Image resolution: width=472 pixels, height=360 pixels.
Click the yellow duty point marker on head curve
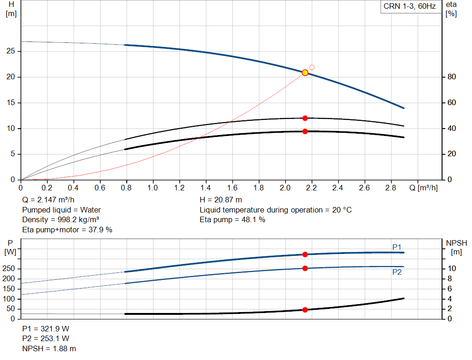(305, 73)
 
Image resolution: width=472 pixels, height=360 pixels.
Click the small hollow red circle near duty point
(312, 67)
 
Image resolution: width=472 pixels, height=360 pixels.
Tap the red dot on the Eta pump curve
(305, 118)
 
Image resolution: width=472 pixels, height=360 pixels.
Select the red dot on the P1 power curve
(305, 254)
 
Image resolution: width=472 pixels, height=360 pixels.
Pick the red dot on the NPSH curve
(305, 310)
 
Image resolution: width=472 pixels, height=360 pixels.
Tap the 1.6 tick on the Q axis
(232, 188)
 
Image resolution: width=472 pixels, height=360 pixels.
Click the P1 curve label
(397, 247)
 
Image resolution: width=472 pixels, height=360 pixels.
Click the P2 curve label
(397, 272)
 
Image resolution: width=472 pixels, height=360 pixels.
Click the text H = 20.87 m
(221, 200)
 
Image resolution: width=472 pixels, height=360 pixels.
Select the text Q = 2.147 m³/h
(48, 200)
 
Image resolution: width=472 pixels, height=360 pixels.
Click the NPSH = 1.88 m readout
(49, 348)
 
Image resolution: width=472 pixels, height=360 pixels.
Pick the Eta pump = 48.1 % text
(232, 219)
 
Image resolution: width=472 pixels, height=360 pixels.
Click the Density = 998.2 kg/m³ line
(61, 219)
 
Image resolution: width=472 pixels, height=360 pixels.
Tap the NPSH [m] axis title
(456, 247)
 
